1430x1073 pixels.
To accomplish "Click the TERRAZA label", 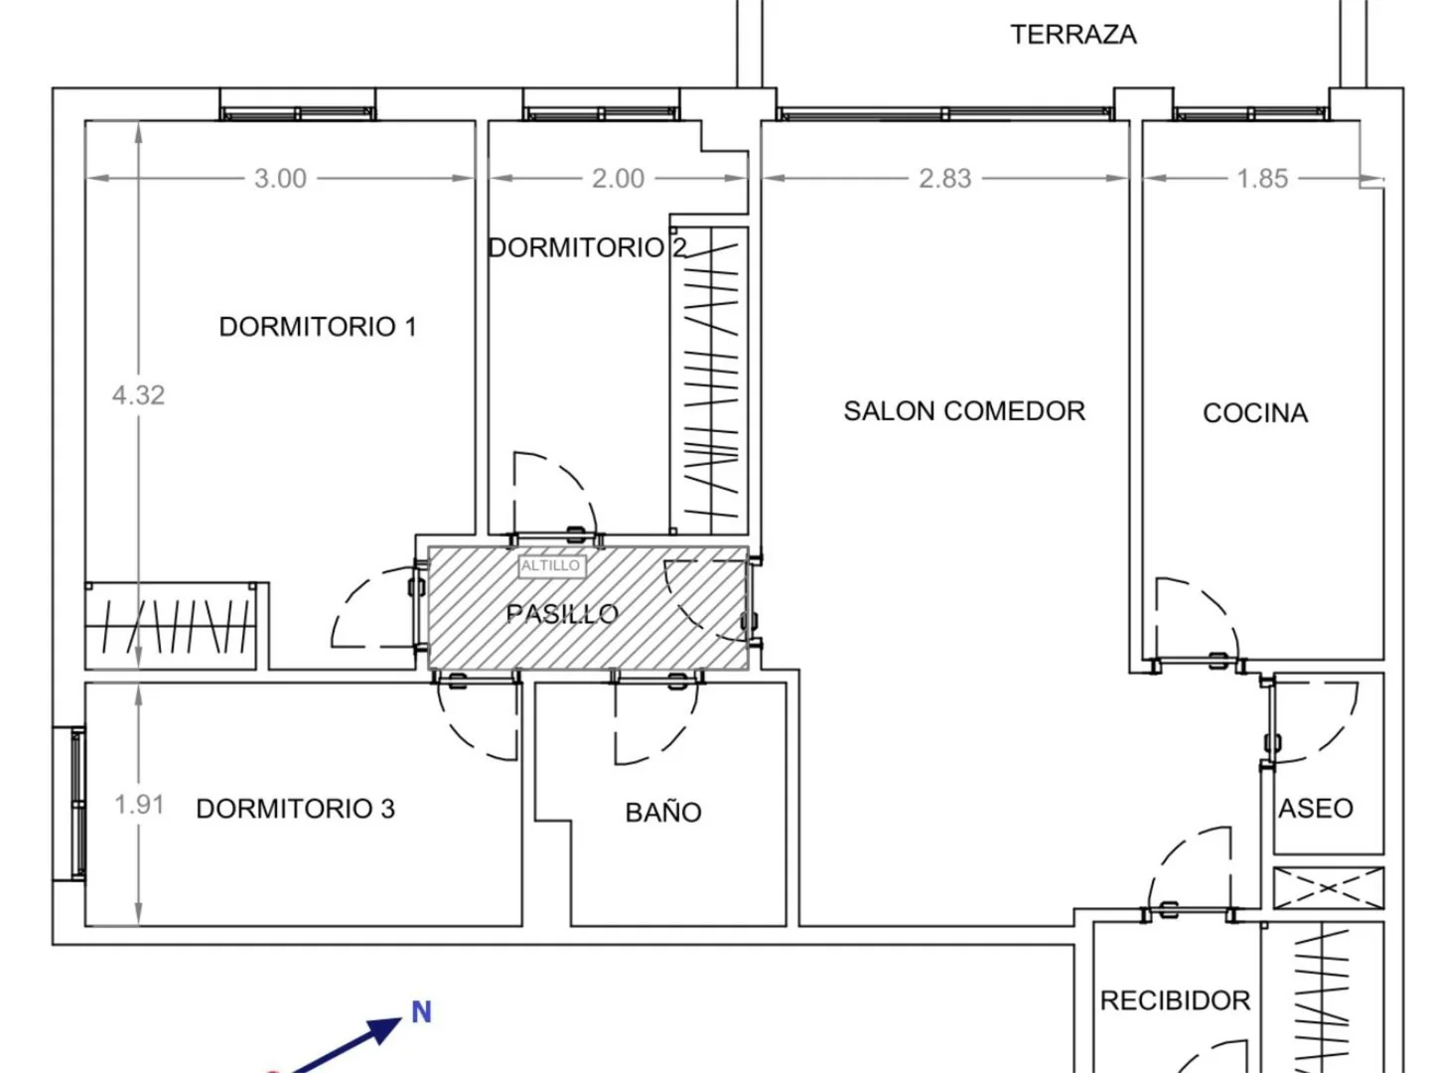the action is coord(1072,35).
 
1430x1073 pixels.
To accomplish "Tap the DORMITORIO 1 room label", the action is coord(318,327).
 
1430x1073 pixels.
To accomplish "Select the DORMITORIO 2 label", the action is coord(587,247).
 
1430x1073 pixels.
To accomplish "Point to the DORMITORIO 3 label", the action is coord(296,809).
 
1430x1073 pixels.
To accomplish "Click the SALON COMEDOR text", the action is coord(964,411).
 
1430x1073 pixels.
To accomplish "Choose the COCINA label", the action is coord(1255,413).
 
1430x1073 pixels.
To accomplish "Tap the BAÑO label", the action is coord(663,812).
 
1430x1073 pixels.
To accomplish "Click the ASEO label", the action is coord(1316,809).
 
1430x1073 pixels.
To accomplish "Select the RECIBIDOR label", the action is coord(1175,1000).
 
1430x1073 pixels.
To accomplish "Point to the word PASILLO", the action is coord(562,614).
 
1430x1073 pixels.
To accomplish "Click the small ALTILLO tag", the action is coord(551,565).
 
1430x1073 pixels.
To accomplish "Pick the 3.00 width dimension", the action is coord(280,179).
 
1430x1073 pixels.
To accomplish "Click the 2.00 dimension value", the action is coord(618,179).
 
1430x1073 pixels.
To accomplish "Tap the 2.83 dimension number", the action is coord(944,179).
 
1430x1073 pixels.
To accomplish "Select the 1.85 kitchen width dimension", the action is coord(1262,179).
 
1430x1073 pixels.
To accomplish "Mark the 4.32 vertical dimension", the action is coord(138,394).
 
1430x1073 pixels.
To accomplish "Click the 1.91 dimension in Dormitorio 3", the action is coord(139,805).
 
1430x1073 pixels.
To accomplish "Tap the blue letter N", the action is coord(421,1012).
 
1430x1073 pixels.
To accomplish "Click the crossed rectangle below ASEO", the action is coord(1329,887).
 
